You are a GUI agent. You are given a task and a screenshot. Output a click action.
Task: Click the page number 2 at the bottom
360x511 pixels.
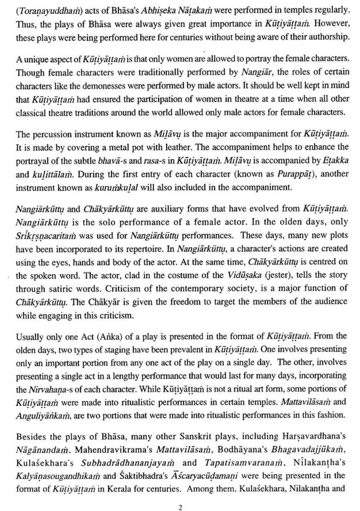[x=180, y=495]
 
